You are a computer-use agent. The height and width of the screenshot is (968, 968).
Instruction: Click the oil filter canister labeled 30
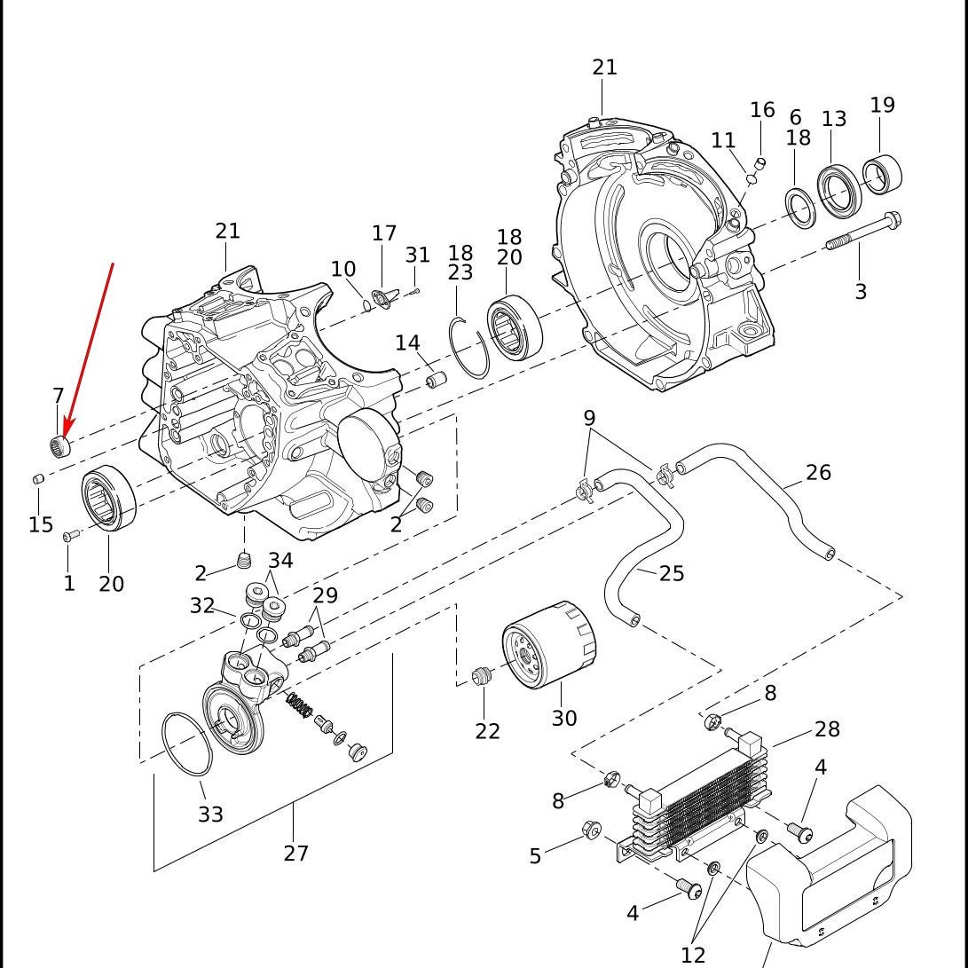click(x=549, y=644)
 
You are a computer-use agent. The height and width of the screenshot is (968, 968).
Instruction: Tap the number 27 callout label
click(x=295, y=854)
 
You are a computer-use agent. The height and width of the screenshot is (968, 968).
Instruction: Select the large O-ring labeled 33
click(x=187, y=744)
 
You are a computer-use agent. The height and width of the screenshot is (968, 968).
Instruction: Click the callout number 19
click(x=882, y=105)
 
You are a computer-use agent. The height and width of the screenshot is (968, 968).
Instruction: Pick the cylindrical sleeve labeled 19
click(x=882, y=174)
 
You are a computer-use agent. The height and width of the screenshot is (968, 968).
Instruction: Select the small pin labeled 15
click(x=37, y=478)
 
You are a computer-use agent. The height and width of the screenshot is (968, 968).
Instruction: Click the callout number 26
click(x=818, y=472)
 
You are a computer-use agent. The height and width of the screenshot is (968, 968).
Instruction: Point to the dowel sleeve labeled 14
click(x=436, y=379)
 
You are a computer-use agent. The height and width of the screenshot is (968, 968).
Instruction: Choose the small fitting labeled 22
click(x=481, y=676)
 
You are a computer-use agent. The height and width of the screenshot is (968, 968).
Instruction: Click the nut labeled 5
click(x=591, y=830)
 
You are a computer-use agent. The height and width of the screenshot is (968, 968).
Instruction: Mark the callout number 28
click(x=827, y=729)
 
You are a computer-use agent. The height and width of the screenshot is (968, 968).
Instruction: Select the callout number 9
click(x=589, y=419)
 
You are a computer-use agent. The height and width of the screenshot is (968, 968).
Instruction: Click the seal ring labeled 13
click(x=838, y=192)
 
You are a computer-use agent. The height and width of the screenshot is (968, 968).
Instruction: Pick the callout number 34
click(x=280, y=561)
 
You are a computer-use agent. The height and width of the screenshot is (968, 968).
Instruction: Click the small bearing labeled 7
click(x=59, y=445)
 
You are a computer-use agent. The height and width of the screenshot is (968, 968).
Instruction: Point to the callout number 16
click(x=762, y=110)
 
